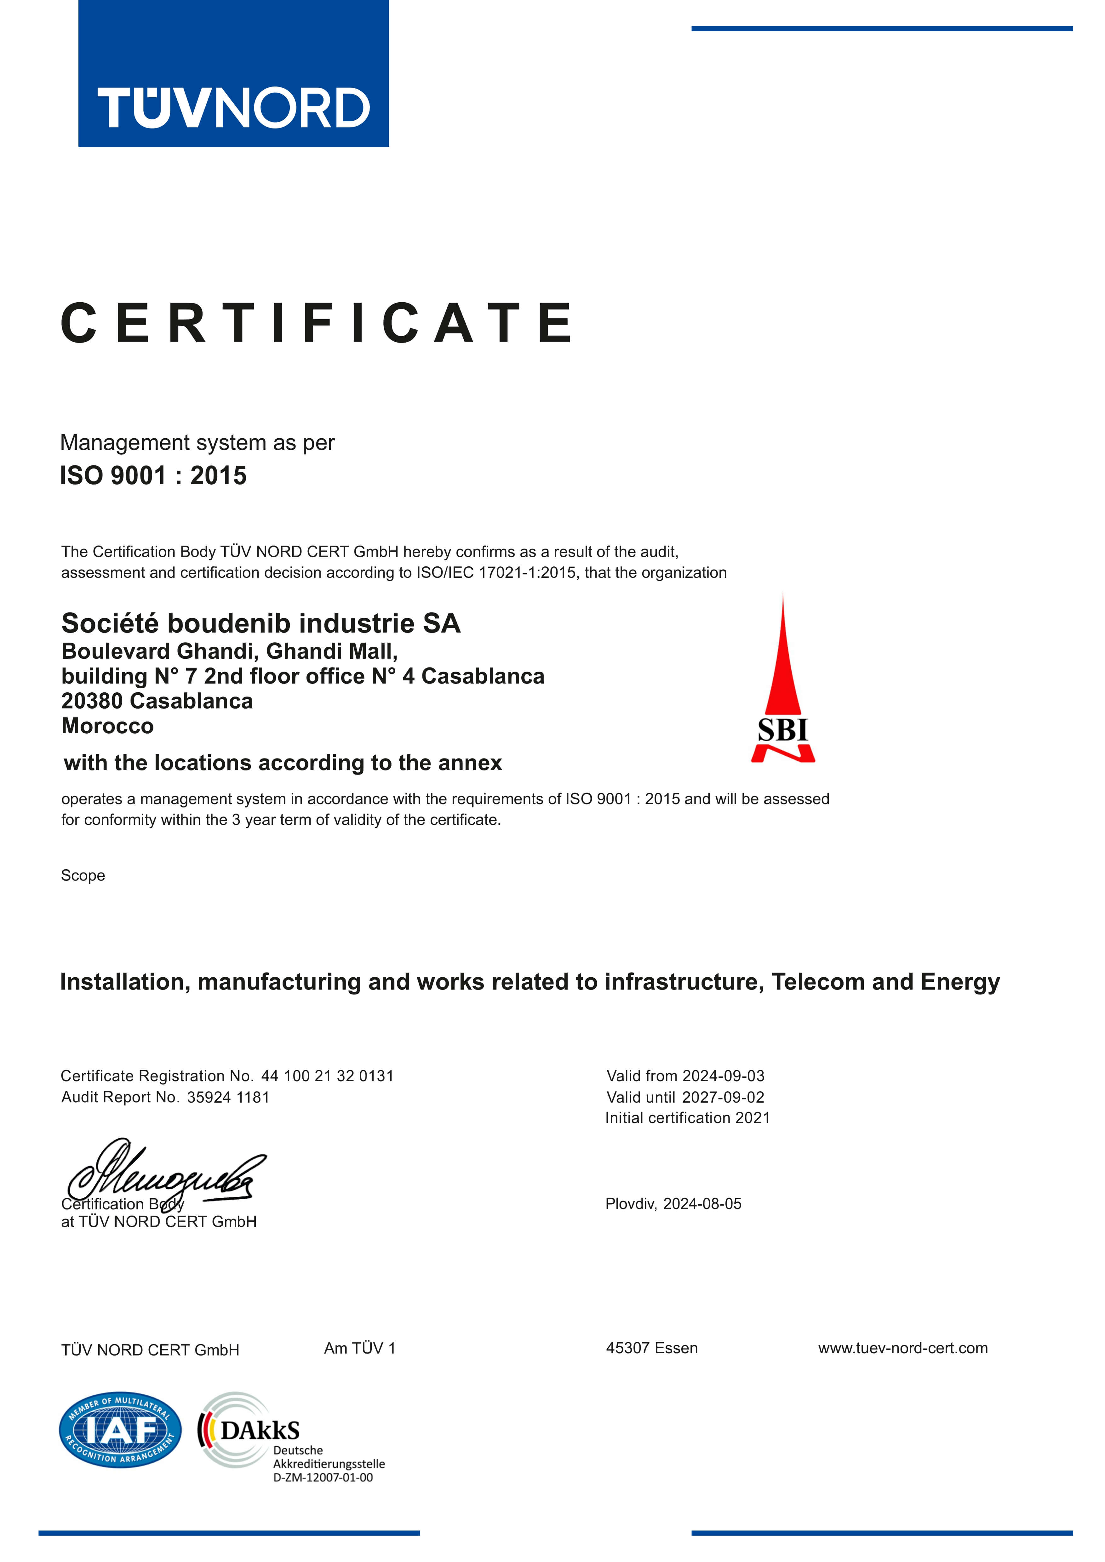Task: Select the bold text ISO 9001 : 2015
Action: pos(153,475)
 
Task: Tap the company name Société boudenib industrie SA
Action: pos(261,623)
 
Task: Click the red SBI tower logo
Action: pos(782,680)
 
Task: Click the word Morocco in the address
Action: pos(107,726)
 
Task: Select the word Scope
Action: pos(83,876)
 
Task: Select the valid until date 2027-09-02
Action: pos(723,1097)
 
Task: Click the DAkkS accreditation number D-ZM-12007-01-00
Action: pos(323,1478)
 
